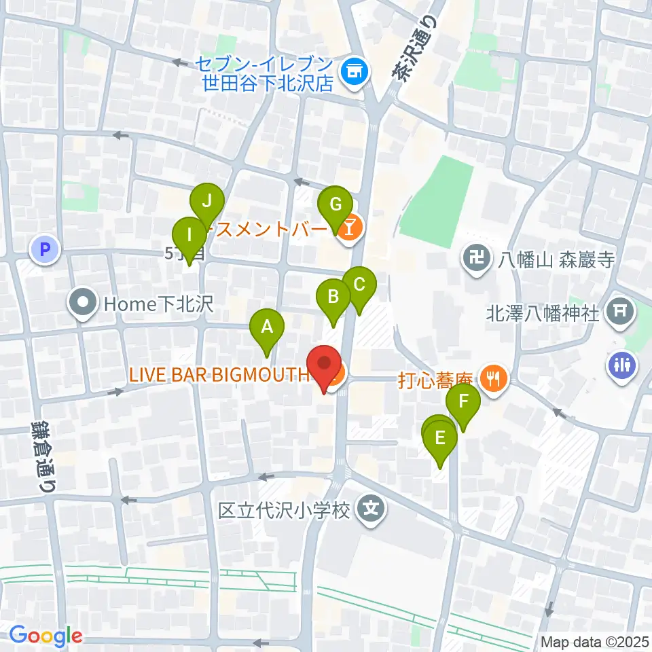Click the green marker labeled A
coord(267,329)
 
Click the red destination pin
coord(325,367)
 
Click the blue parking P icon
coord(45,250)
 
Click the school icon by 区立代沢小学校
coord(370,507)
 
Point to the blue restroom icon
coord(623,363)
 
